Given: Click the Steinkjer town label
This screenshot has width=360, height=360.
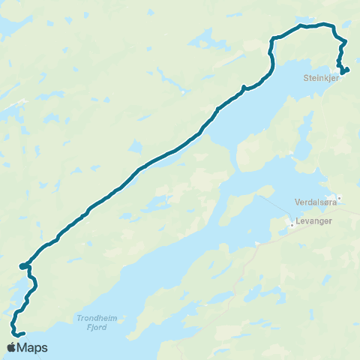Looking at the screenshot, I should pyautogui.click(x=322, y=76).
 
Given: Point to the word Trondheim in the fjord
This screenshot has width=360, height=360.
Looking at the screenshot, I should pyautogui.click(x=94, y=317).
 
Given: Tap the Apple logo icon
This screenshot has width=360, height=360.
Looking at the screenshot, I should pyautogui.click(x=12, y=347).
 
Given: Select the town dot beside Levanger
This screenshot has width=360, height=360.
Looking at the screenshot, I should pyautogui.click(x=292, y=222).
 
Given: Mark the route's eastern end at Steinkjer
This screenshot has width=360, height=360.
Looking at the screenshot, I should pyautogui.click(x=348, y=69).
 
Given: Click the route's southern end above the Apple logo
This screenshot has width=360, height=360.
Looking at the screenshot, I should pyautogui.click(x=24, y=333).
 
